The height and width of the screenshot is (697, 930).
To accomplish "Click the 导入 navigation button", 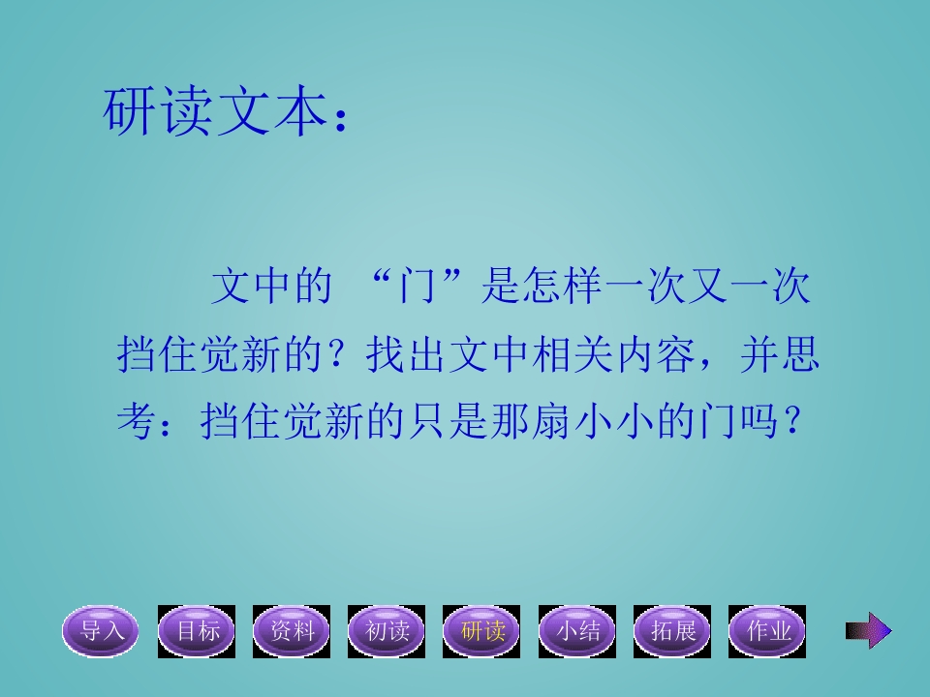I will [102, 631].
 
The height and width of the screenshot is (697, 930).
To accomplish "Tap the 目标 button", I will [197, 631].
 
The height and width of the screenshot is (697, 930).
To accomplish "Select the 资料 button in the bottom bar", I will [292, 631].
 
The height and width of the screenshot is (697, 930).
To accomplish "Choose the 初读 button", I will [387, 631].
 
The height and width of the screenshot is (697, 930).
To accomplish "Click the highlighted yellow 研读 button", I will [481, 631].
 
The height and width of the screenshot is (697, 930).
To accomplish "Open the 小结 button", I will [576, 631].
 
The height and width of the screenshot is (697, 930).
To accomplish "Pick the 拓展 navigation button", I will [671, 631].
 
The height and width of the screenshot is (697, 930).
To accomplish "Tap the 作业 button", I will [767, 631].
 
